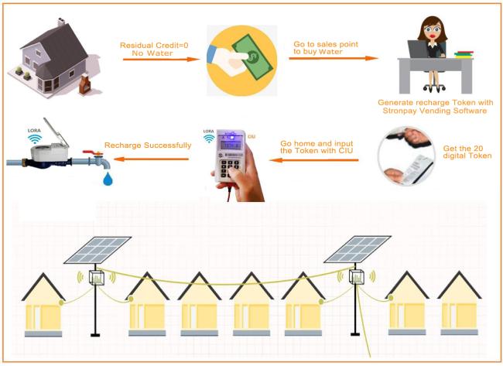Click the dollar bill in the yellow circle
(252, 57)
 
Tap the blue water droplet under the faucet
(108, 179)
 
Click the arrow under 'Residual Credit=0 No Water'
(162, 60)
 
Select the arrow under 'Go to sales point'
(334, 58)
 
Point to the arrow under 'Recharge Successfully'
(151, 159)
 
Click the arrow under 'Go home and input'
(313, 159)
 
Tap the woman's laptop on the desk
(418, 49)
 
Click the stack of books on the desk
(464, 54)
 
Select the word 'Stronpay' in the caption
(400, 111)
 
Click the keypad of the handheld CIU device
(230, 168)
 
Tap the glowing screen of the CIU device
(231, 145)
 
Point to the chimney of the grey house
(61, 22)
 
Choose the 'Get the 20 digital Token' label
(467, 152)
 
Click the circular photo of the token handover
(406, 156)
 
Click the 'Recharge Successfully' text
(148, 145)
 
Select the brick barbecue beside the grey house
(85, 84)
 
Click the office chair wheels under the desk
(434, 88)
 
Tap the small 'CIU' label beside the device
(251, 137)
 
